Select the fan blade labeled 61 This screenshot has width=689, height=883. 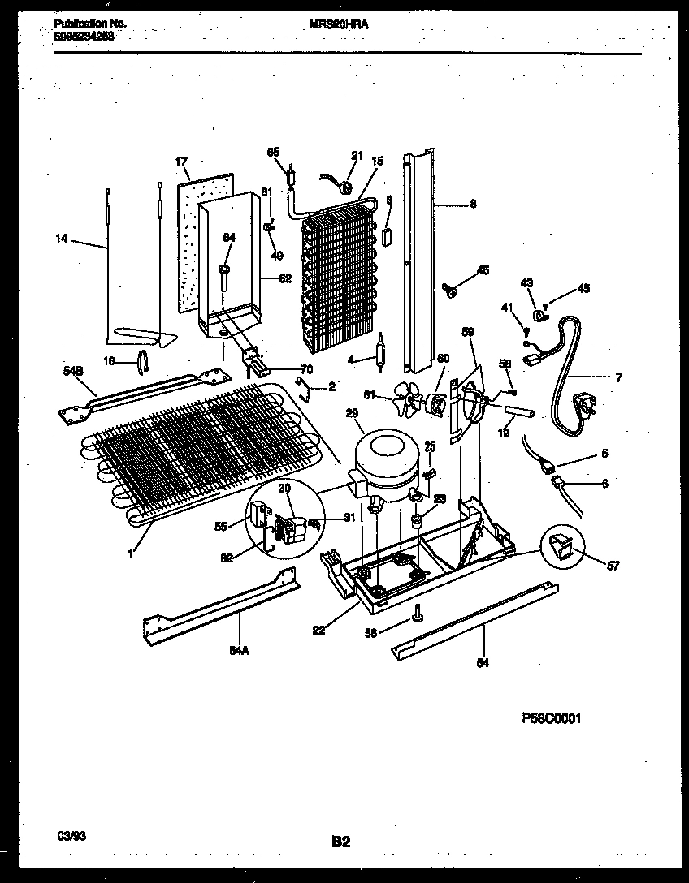point(405,400)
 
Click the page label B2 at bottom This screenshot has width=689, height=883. point(341,842)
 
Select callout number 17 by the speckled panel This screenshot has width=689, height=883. point(182,162)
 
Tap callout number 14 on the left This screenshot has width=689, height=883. point(62,240)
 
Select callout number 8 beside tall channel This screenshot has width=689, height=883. point(473,205)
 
